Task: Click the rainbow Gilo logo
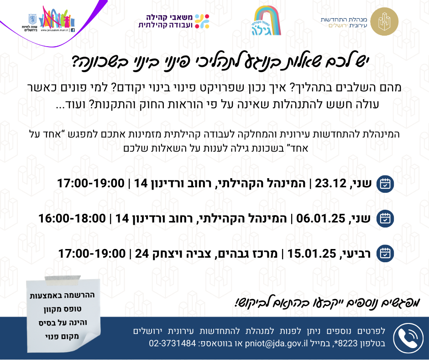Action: (267, 21)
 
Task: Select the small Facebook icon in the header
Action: (73, 30)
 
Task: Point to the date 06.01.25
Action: (321, 219)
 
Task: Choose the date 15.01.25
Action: (312, 254)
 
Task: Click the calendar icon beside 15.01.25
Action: (385, 254)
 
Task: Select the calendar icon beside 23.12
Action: (385, 183)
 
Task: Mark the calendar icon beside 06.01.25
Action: (385, 219)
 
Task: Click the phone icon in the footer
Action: (408, 338)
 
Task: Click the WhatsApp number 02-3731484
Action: (173, 343)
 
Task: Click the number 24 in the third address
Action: (142, 254)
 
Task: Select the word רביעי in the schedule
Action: (356, 254)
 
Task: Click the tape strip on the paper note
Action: (63, 279)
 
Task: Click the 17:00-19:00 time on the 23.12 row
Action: (90, 183)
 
